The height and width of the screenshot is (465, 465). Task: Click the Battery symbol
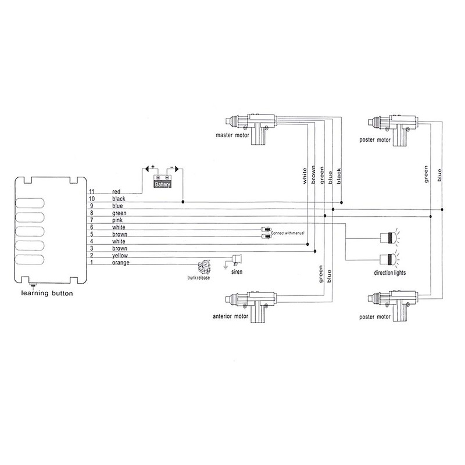click(x=163, y=181)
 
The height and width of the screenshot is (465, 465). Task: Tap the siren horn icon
click(x=237, y=259)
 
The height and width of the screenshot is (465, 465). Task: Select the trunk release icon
click(x=205, y=267)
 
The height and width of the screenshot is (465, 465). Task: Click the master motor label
click(x=233, y=135)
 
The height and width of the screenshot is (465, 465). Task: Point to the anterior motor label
click(x=230, y=316)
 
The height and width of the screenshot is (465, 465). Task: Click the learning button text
click(x=47, y=294)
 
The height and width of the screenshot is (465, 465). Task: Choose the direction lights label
click(x=389, y=273)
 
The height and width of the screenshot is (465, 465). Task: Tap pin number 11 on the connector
click(x=92, y=192)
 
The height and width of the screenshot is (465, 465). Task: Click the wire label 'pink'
click(x=117, y=220)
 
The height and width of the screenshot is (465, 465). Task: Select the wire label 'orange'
click(x=121, y=263)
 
